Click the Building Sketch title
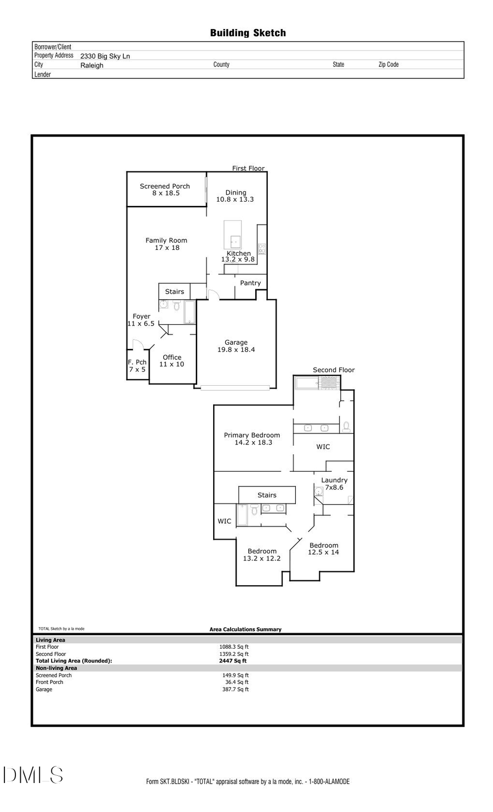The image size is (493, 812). [248, 33]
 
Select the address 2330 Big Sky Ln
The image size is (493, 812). [105, 56]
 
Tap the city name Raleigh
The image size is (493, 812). [91, 65]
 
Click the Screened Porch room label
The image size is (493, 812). [165, 190]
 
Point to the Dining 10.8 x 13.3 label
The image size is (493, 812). [235, 196]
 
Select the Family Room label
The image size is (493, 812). [167, 244]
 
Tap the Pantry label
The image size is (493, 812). [250, 283]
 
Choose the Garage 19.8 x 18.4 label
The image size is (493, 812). [236, 346]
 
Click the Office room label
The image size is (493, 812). [172, 361]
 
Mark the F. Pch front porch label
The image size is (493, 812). [137, 365]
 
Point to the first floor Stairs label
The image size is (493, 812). [175, 291]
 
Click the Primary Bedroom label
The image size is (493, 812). [252, 438]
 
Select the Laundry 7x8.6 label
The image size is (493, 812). [334, 483]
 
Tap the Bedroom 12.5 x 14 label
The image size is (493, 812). [324, 548]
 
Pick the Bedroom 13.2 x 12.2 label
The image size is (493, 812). [262, 554]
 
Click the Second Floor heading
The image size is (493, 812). [334, 370]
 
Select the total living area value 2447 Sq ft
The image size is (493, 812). [233, 661]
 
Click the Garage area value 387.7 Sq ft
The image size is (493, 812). [235, 689]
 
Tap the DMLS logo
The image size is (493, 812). [33, 775]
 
